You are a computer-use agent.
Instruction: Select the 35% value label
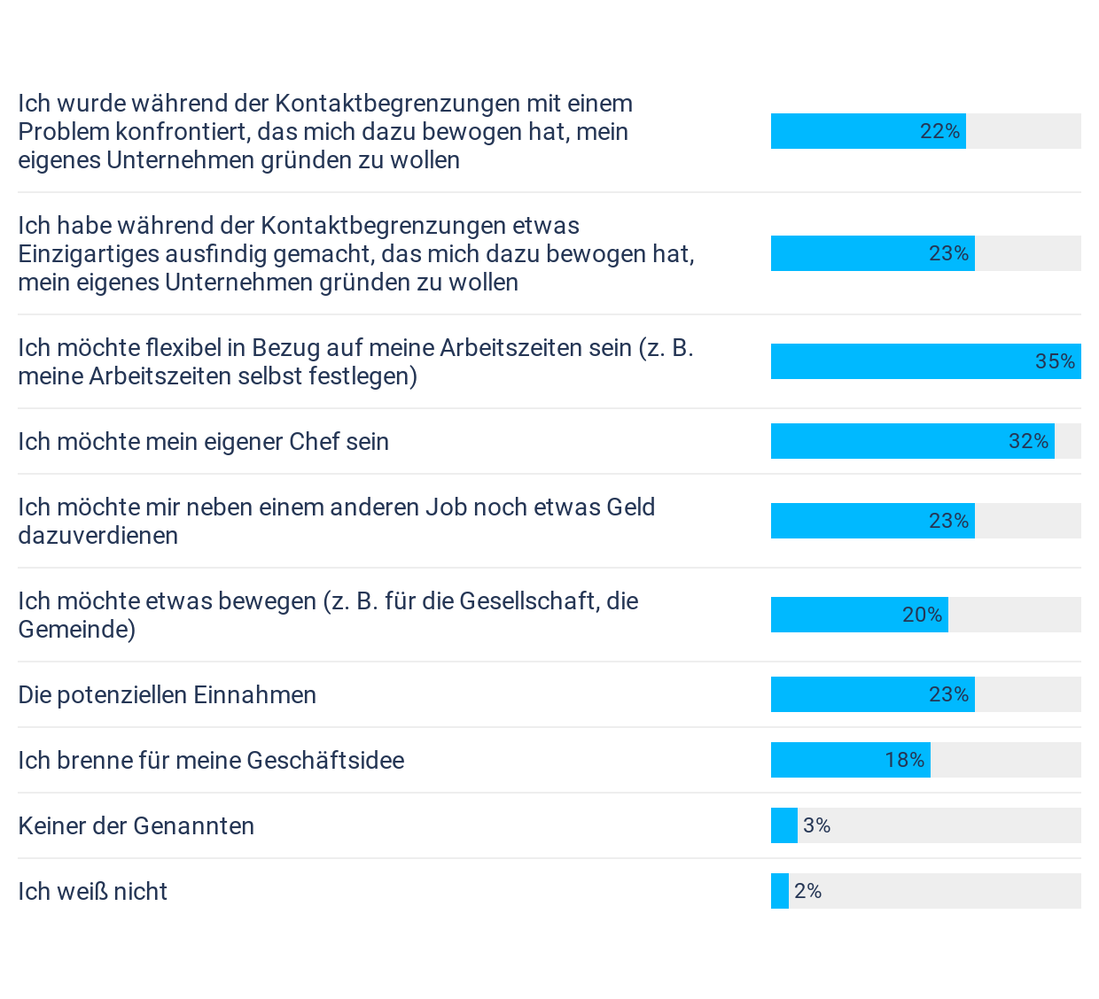coord(1055,361)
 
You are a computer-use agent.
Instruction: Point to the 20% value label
coord(922,615)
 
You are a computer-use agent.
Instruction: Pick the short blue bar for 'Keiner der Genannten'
coord(783,825)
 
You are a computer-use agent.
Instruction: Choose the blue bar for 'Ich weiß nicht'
coord(779,891)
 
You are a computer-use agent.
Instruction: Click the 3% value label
coord(816,825)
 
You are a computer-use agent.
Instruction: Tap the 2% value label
coord(807,891)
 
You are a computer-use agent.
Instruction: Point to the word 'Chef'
coord(293,442)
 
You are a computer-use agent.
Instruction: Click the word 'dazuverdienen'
coord(97,536)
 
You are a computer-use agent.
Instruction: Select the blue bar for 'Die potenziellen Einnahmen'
coord(872,694)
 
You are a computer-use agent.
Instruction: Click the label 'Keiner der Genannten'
coord(136,826)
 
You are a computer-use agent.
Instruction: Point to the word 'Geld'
coord(630,507)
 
